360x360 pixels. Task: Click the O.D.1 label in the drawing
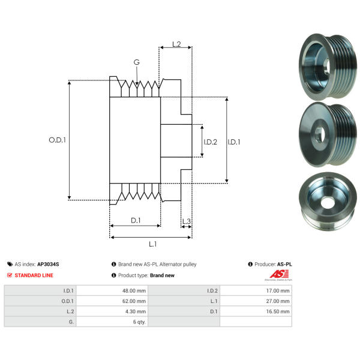click(x=57, y=140)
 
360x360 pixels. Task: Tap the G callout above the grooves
click(x=137, y=62)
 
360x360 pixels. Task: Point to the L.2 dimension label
click(x=176, y=44)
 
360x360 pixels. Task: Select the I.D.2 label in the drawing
click(x=210, y=142)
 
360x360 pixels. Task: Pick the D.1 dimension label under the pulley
click(x=136, y=220)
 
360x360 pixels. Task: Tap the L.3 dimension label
click(x=186, y=222)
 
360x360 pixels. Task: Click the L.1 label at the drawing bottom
click(x=152, y=244)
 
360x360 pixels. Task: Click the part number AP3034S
click(x=48, y=263)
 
